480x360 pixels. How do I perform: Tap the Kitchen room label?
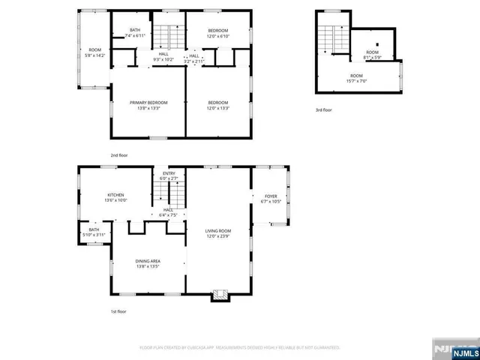(115, 197)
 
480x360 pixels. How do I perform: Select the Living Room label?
(219, 233)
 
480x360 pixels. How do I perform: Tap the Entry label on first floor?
(169, 175)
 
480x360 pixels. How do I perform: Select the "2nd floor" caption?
(118, 155)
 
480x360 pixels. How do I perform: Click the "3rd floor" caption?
(323, 109)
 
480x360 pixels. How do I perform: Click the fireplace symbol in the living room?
(219, 294)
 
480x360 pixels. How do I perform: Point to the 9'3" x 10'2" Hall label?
(163, 56)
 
